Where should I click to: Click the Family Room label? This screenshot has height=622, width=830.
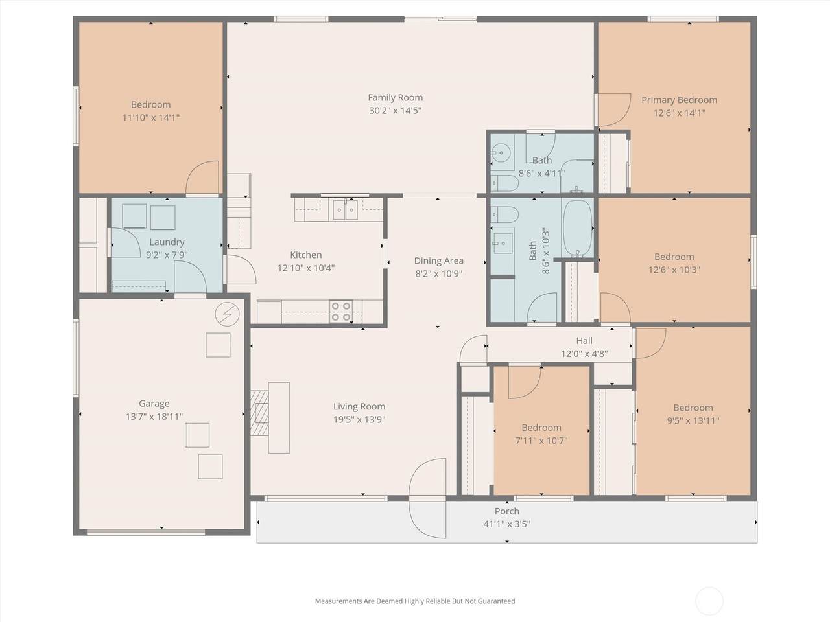click(x=395, y=97)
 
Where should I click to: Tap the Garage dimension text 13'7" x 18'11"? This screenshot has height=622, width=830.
click(x=154, y=417)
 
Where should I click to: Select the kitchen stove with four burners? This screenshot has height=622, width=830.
click(x=340, y=311)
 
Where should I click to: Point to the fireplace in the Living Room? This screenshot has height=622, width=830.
click(x=259, y=413)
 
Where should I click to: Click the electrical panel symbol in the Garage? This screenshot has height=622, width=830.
click(x=227, y=314)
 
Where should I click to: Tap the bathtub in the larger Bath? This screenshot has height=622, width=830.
click(x=577, y=227)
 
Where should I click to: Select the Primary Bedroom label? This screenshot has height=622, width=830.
click(x=679, y=100)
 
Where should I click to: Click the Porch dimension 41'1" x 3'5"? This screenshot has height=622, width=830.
click(x=506, y=524)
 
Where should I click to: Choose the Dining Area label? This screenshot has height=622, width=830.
click(x=438, y=260)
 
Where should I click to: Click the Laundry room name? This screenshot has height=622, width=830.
click(x=167, y=242)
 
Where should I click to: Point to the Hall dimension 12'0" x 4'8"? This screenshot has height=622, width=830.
click(x=584, y=354)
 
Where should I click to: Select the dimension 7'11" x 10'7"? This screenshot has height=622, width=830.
click(x=541, y=441)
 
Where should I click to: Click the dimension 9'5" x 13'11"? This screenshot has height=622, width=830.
click(x=693, y=420)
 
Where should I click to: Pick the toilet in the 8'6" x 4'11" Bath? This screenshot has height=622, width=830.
click(x=504, y=183)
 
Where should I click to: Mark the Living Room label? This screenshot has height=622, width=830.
click(x=359, y=406)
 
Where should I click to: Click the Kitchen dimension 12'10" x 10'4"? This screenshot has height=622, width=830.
click(x=306, y=268)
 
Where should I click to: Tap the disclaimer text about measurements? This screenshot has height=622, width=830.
click(x=415, y=601)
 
